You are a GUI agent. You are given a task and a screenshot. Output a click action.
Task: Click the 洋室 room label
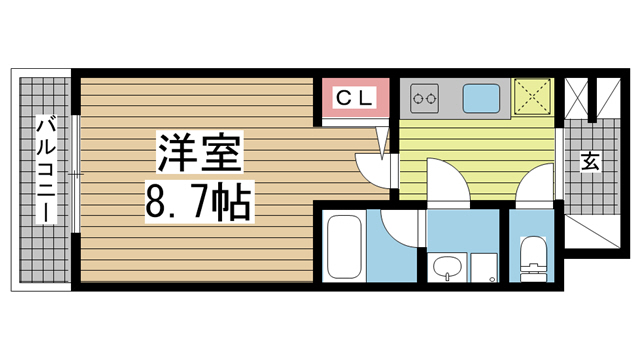click(200, 152)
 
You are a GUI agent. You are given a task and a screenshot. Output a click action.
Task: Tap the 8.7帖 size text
click(199, 202)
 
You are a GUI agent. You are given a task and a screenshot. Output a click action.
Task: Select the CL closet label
click(355, 98)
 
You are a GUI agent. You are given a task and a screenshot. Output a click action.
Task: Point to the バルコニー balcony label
click(46, 169)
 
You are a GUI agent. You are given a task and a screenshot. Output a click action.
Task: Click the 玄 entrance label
click(590, 161)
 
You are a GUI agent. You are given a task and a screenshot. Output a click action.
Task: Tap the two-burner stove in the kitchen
click(424, 98)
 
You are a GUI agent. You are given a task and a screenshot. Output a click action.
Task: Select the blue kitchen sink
click(481, 98)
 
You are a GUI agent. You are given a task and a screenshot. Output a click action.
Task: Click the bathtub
click(344, 247)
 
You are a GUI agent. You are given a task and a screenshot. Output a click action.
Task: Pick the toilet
click(533, 258)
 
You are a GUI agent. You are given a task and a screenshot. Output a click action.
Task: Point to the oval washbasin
click(447, 268)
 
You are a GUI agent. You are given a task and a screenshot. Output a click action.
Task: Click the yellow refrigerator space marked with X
click(532, 97)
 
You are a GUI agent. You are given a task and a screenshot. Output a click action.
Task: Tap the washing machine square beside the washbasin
click(484, 267)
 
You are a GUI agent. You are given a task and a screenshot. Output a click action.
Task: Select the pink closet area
click(355, 98)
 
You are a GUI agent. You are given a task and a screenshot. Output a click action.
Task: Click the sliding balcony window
click(75, 174)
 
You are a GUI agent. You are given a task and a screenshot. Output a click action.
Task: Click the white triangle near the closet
click(382, 142)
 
